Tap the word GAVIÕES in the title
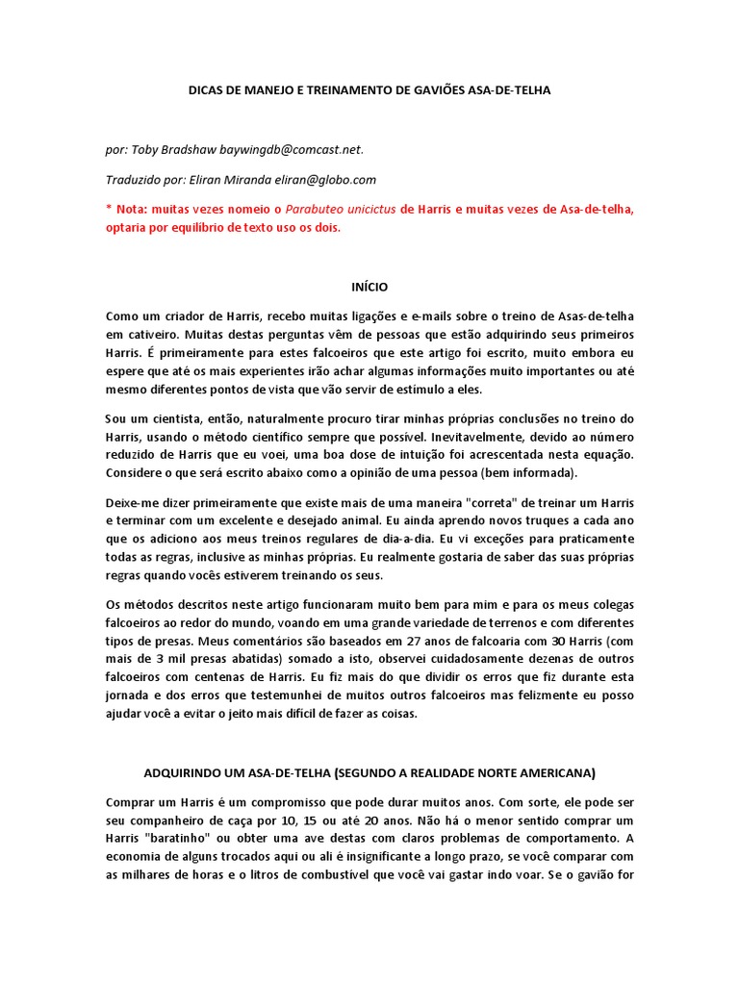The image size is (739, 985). pos(446,89)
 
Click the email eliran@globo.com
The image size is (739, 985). pos(328,179)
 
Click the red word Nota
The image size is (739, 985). pos(131,209)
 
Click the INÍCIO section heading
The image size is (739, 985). pos(369,287)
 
